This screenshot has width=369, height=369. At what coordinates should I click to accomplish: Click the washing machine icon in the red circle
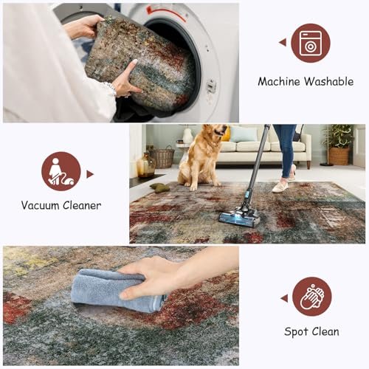click(310, 43)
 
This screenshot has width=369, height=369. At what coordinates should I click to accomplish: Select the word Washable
click(330, 82)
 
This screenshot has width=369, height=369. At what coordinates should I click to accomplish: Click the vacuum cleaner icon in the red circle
click(61, 172)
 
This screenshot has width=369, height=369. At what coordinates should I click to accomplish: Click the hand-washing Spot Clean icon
click(311, 296)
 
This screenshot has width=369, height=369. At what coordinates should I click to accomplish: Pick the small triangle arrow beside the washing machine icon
click(282, 42)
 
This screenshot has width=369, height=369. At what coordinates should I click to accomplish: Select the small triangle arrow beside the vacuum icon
click(91, 174)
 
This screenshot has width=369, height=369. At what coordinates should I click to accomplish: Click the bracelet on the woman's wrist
click(112, 89)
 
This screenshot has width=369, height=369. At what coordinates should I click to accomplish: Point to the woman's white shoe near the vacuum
click(280, 186)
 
